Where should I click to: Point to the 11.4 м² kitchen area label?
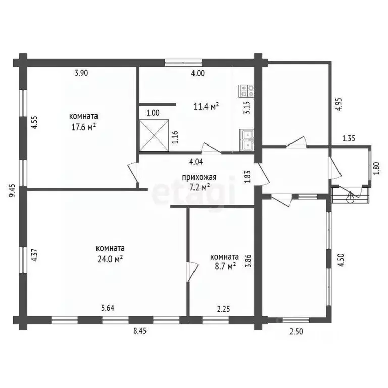(206, 106)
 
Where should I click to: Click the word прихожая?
(200, 177)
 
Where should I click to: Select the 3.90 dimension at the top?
(81, 73)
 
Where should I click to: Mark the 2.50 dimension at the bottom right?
(296, 330)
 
